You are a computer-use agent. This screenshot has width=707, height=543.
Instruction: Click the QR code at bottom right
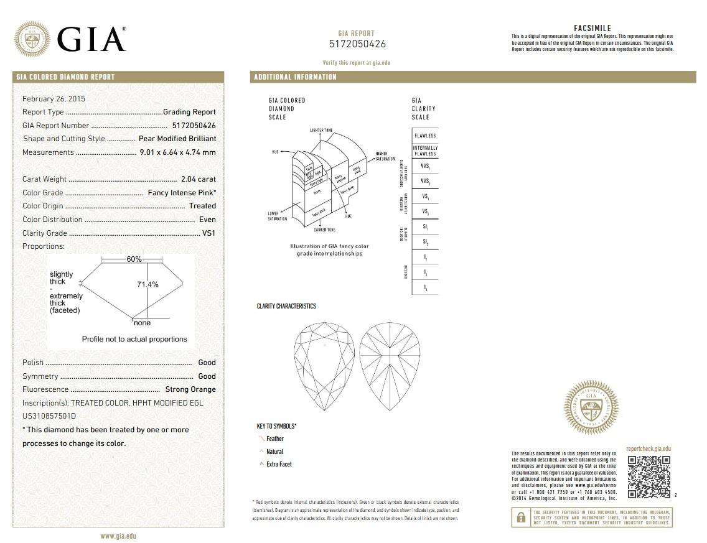tap(648, 477)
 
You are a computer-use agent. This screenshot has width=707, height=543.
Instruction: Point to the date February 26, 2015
tap(54, 99)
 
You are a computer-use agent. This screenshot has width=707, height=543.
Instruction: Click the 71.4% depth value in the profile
tap(147, 284)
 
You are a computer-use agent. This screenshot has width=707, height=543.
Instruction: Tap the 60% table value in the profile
tap(134, 259)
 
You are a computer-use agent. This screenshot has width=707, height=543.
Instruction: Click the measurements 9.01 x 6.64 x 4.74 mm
tap(177, 152)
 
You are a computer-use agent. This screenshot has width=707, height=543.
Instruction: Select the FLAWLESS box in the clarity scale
tap(425, 136)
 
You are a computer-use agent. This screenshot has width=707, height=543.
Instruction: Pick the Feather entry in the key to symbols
tap(274, 439)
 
